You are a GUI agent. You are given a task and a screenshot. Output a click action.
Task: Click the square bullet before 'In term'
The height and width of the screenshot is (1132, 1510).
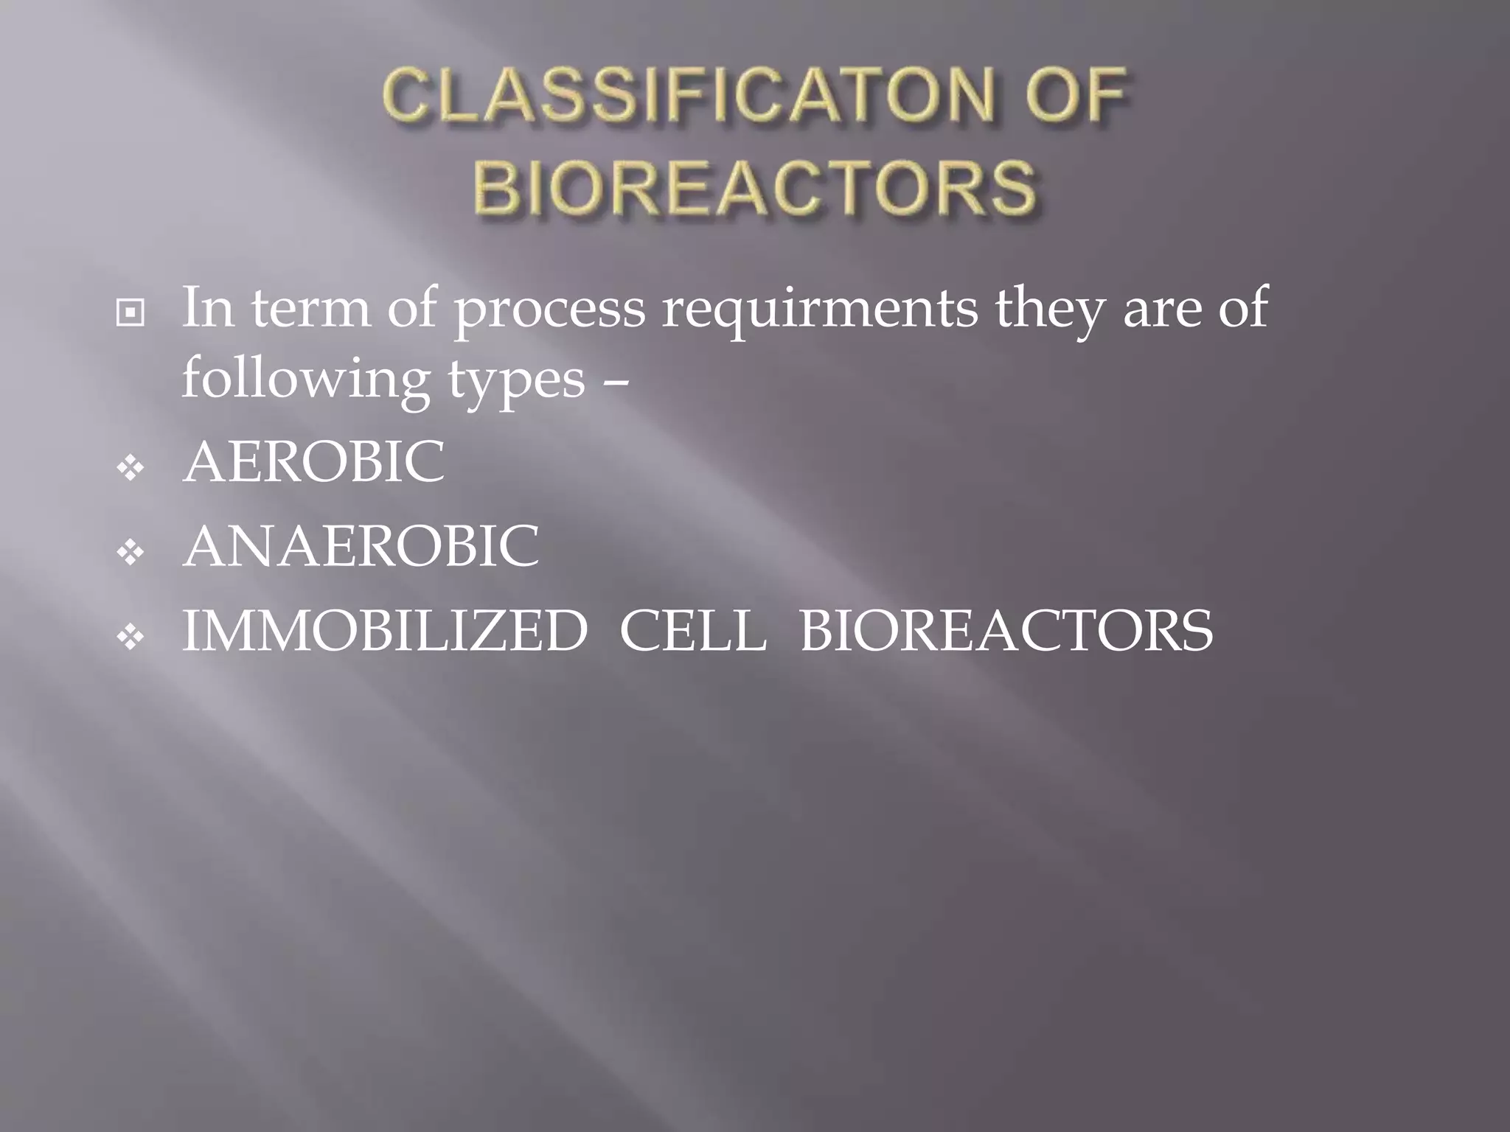(131, 314)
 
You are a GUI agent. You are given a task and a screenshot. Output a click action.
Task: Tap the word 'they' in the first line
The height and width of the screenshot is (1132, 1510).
(1051, 310)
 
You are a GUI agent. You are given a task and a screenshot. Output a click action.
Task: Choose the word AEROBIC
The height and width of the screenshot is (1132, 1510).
(314, 463)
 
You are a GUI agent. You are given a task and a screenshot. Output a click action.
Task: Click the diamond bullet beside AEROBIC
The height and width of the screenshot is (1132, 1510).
(131, 467)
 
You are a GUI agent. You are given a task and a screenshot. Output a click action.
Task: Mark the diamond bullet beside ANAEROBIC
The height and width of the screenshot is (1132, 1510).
(131, 552)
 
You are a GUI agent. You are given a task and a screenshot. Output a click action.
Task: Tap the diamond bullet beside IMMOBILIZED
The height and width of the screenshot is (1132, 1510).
(131, 637)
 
